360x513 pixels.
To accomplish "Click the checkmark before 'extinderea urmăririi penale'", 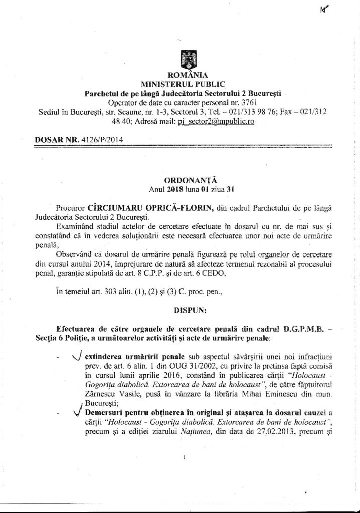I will [77, 356].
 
